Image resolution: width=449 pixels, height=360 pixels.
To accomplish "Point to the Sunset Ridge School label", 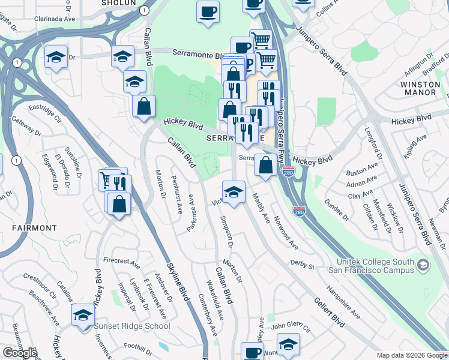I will click(x=131, y=326).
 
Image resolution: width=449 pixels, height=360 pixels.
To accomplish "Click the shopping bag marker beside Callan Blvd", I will click(x=144, y=107).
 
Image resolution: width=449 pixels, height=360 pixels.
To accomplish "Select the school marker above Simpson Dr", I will click(x=234, y=193).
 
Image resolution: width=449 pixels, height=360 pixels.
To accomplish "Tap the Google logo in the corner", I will click(x=20, y=353).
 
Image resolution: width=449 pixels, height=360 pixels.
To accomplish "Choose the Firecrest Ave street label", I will click(x=121, y=263).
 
